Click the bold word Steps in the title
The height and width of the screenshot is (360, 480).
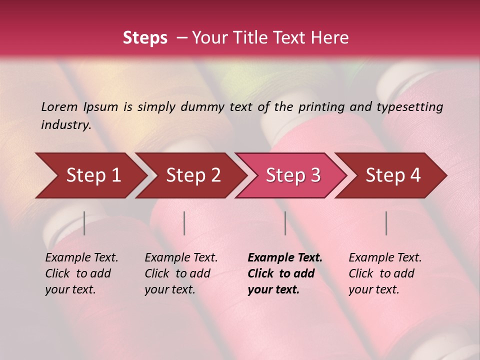tap(145, 38)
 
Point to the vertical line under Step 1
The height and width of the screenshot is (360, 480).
tap(84, 223)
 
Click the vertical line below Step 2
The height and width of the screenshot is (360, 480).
tap(184, 223)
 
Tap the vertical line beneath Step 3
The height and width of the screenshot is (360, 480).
tap(285, 223)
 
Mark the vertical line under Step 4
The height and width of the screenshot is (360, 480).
tap(386, 223)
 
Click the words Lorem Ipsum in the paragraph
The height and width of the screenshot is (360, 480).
tap(79, 106)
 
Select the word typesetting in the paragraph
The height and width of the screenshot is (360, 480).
tap(409, 106)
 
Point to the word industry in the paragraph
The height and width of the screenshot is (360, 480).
tap(65, 124)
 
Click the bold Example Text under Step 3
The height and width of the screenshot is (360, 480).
tap(285, 258)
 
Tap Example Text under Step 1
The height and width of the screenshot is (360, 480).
tap(81, 258)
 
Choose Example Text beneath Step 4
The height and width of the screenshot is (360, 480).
tap(385, 258)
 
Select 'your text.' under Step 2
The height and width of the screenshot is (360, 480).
tap(170, 289)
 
